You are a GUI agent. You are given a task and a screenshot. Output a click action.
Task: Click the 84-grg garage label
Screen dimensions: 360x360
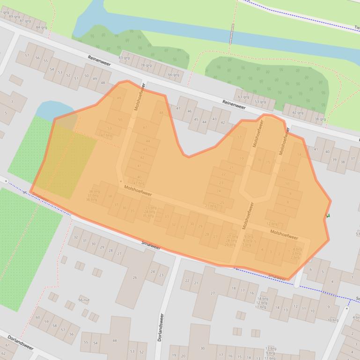click(41, 28)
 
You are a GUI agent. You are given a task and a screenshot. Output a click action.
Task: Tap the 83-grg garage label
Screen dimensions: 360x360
click(124, 58)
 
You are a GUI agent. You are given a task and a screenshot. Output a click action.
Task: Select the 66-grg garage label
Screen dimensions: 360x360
click(173, 75)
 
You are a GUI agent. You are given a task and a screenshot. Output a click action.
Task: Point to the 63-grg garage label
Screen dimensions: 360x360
click(243, 97)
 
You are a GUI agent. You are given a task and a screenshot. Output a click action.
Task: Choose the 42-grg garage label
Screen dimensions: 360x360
click(298, 113)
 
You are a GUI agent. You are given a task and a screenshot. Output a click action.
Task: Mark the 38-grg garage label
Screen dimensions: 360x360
click(320, 119)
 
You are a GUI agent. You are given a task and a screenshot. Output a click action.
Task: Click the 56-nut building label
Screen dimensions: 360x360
click(84, 300)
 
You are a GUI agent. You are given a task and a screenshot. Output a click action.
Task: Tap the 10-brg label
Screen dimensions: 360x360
click(332, 320)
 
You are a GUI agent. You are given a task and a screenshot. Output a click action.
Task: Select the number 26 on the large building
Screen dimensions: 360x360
click(135, 278)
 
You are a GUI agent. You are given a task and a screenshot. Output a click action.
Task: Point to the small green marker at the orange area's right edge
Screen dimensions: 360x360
click(328, 216)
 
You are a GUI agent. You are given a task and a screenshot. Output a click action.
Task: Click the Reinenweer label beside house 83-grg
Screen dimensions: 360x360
click(99, 60)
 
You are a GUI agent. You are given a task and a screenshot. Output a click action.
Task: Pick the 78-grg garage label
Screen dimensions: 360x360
click(146, 65)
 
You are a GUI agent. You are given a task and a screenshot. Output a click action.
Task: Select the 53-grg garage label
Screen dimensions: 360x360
click(260, 102)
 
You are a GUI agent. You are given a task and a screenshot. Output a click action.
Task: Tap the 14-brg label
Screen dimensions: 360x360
click(262, 298)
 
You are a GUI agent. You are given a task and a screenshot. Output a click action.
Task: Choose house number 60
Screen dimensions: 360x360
click(38, 317)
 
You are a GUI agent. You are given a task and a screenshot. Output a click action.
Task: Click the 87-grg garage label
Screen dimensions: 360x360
click(25, 21)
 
